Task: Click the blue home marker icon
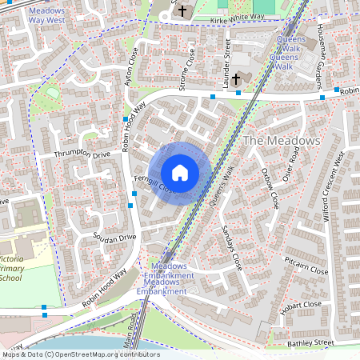pos(180,172)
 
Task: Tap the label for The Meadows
pos(281,140)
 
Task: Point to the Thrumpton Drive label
pos(82,154)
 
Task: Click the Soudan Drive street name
pos(116,238)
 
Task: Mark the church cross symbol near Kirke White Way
pos(183,11)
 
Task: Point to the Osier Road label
pos(293,170)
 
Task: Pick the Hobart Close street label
pos(301,308)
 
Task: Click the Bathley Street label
pos(312,342)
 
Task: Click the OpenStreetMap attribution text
pos(80,354)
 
